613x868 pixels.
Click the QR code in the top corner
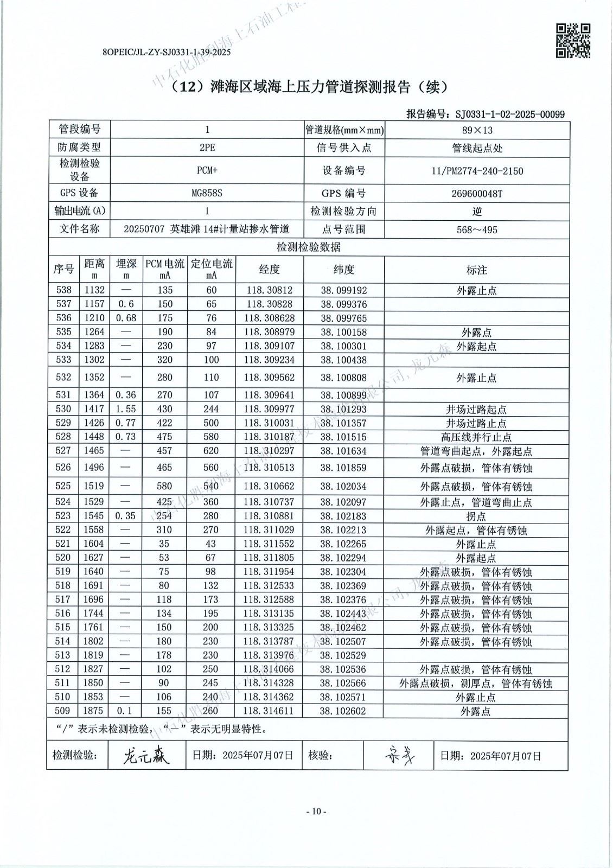[x=573, y=40]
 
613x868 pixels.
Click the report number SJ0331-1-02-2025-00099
[x=510, y=114]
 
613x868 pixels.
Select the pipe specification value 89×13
[x=477, y=130]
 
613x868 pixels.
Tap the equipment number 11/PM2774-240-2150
[x=477, y=171]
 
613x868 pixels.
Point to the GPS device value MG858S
[x=207, y=193]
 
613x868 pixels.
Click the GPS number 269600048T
[x=477, y=193]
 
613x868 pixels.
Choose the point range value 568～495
[x=477, y=229]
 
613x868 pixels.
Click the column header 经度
[x=269, y=270]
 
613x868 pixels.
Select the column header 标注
[x=477, y=270]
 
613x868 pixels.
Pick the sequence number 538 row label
[x=63, y=290]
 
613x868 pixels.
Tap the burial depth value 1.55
[x=126, y=409]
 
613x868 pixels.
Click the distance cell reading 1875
[x=94, y=711]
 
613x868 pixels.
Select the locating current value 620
[x=211, y=450]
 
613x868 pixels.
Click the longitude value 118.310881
[x=269, y=515]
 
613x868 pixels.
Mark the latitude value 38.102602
[x=343, y=711]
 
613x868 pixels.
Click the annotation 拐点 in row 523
[x=477, y=516]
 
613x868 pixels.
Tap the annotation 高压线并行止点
[x=477, y=437]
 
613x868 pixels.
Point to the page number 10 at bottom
[x=317, y=812]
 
